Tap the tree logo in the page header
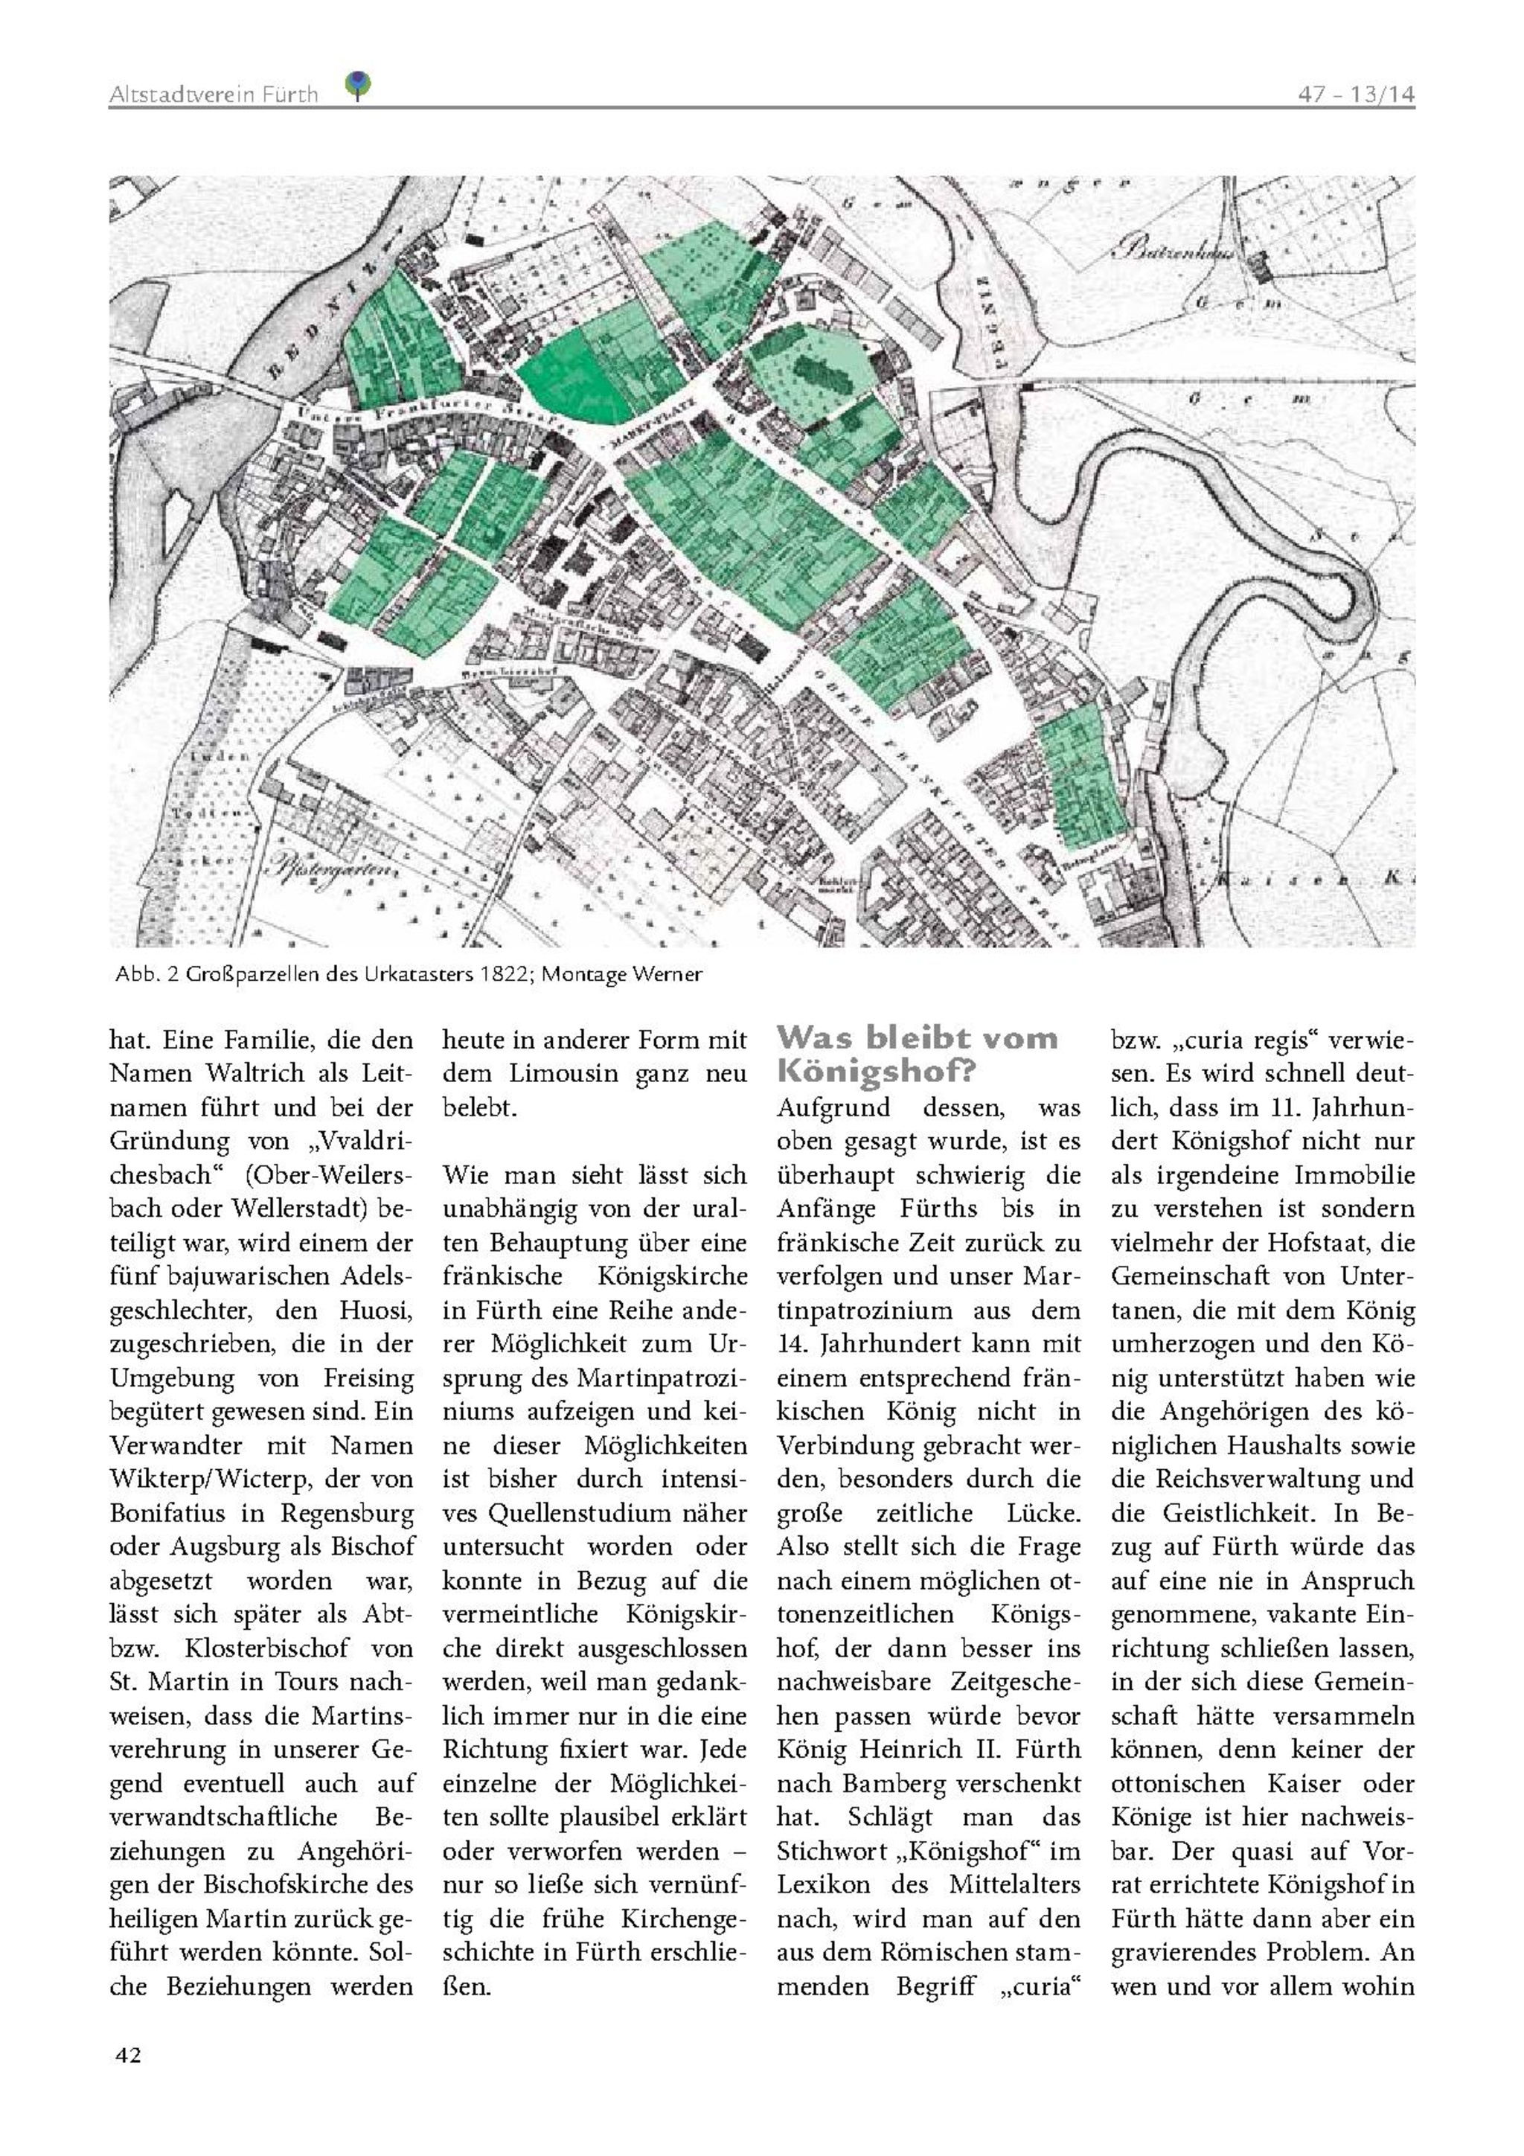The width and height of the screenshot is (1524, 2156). (358, 86)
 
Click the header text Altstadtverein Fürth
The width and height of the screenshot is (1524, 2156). (213, 94)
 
